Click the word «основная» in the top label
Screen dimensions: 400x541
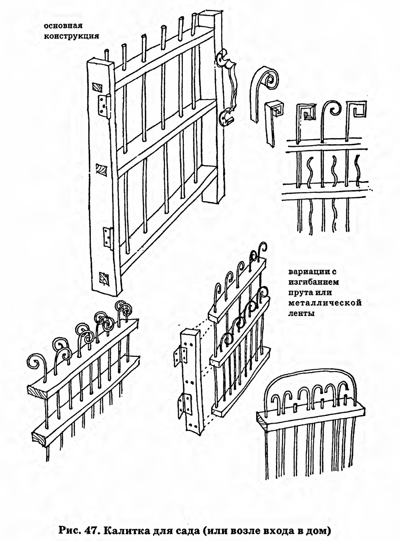click(x=63, y=26)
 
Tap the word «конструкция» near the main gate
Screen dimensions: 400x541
click(x=71, y=36)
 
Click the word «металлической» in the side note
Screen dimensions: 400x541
click(x=325, y=303)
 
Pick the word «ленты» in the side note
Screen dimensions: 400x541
click(x=301, y=313)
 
